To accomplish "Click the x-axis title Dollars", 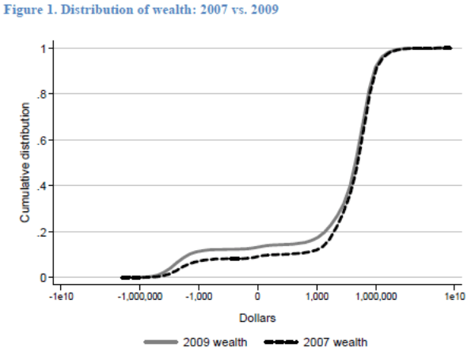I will coord(257,317).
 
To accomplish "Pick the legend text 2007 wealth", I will coord(336,342).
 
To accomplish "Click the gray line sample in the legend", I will coord(165,342).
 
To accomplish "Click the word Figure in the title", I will coord(22,10).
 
